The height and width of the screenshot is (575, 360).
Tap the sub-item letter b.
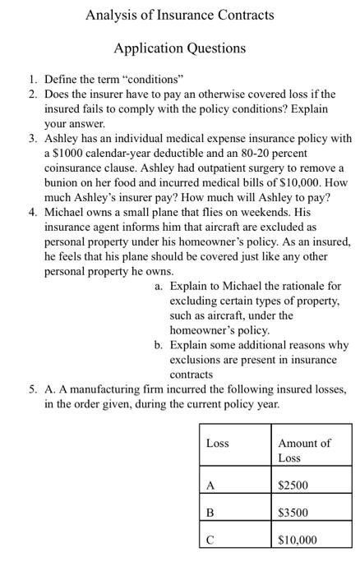[x=158, y=345]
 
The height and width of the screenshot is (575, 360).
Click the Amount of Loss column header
[x=303, y=449]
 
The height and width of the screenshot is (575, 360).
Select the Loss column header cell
[x=217, y=443]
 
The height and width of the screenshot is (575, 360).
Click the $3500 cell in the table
[x=293, y=512]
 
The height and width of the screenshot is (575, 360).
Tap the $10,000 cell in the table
[x=297, y=540]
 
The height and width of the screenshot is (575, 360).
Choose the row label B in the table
[x=210, y=512]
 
